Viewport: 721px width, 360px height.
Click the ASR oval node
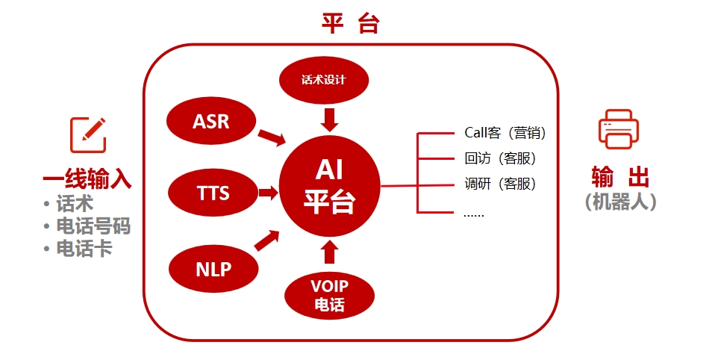point(211,122)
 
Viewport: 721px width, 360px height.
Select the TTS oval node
point(213,193)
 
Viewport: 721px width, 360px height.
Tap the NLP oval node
point(213,268)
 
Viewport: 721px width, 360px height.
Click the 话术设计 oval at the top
point(324,81)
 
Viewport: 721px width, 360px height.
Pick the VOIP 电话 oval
point(330,295)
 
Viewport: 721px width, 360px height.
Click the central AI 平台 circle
point(330,186)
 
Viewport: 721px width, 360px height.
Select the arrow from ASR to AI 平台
point(272,137)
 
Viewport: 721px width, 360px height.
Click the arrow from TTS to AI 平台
point(269,193)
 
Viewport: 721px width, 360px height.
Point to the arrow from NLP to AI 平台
point(267,240)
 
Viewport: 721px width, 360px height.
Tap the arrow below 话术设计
point(329,120)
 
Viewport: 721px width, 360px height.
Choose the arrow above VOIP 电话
point(329,252)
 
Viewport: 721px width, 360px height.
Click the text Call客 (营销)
point(505,133)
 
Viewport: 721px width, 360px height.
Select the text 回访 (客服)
point(500,158)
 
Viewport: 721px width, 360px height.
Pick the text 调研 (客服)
point(500,184)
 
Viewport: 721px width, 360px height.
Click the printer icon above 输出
point(619,129)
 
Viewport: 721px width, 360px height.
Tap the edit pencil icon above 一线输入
point(88,135)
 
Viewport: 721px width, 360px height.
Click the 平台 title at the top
point(350,23)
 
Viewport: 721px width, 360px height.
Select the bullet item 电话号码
point(93,226)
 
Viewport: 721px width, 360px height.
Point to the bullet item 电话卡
point(84,249)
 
